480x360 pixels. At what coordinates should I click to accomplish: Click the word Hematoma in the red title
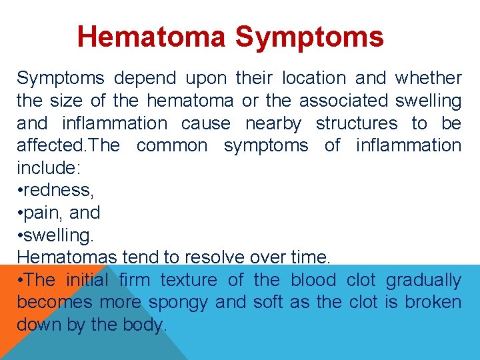click(x=152, y=37)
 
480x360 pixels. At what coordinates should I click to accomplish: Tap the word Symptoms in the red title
click(x=309, y=37)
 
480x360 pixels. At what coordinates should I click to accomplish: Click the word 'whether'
click(x=428, y=78)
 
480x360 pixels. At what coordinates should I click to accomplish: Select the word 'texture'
click(x=189, y=280)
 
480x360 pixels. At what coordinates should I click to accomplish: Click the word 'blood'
click(x=313, y=280)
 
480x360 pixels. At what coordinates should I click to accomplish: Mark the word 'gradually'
click(x=423, y=280)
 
